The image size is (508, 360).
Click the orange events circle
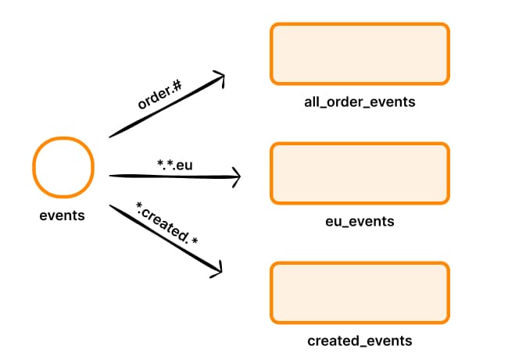pyautogui.click(x=63, y=167)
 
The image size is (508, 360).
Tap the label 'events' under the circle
pyautogui.click(x=62, y=215)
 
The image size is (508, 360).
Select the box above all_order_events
pyautogui.click(x=360, y=53)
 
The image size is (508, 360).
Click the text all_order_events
pyautogui.click(x=360, y=102)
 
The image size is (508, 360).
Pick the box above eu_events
pyautogui.click(x=360, y=173)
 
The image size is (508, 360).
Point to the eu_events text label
pyautogui.click(x=360, y=222)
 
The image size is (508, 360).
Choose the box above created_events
pyautogui.click(x=360, y=292)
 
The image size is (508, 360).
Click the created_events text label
pyautogui.click(x=360, y=341)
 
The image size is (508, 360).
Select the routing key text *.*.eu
pyautogui.click(x=174, y=165)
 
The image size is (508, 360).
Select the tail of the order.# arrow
pyautogui.click(x=110, y=137)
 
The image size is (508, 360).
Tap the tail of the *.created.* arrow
pyautogui.click(x=110, y=205)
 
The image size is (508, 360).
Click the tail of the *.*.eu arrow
pyautogui.click(x=111, y=176)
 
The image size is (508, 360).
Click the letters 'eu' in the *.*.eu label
pyautogui.click(x=184, y=165)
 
